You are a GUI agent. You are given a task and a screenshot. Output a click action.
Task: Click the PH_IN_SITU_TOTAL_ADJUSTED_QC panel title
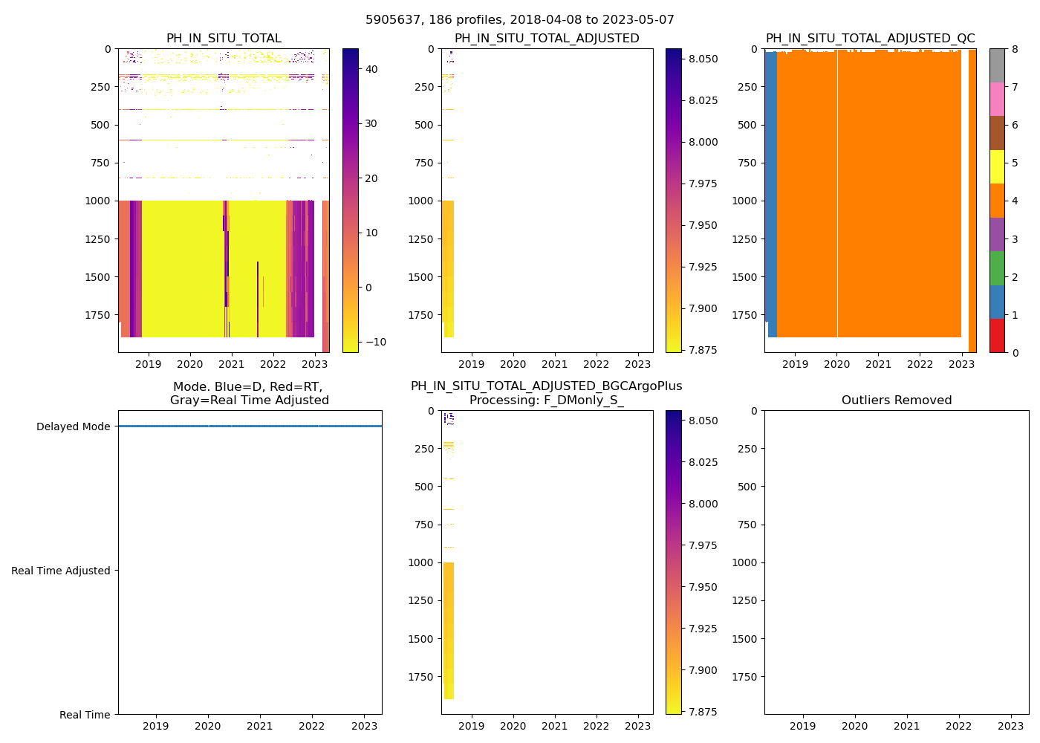coord(870,39)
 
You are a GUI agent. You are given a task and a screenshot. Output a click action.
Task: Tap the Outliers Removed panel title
coord(897,400)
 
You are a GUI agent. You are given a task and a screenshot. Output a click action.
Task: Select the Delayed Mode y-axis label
coord(73,426)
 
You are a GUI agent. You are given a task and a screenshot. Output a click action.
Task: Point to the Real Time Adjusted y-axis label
coord(61,571)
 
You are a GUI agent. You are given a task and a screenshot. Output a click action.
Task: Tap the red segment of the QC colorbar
coord(997,335)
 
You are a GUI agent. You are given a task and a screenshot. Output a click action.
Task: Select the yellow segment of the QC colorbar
coord(997,166)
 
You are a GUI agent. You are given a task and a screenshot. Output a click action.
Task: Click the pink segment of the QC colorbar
coord(997,99)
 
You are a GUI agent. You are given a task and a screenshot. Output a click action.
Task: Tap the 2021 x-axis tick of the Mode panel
coord(260,727)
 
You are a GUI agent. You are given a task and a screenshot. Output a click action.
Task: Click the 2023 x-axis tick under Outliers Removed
coord(1010,727)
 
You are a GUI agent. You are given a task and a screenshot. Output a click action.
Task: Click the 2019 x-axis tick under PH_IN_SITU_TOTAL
coord(149,365)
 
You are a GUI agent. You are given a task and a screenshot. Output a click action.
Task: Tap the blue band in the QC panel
coord(771,193)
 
